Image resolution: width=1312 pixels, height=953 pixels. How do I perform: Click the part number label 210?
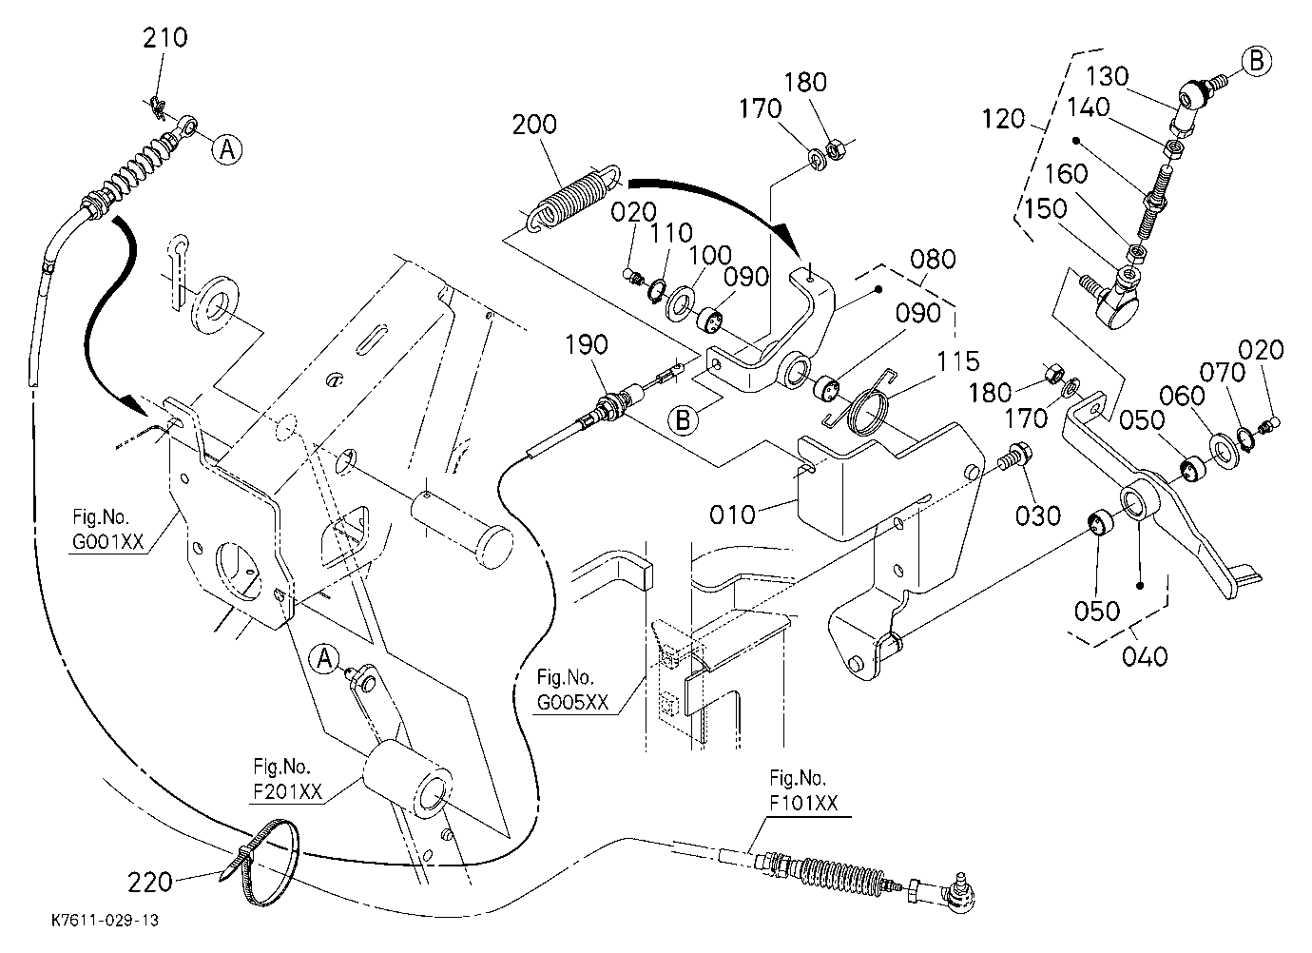pyautogui.click(x=165, y=37)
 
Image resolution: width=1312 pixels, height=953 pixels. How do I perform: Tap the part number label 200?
pyautogui.click(x=534, y=125)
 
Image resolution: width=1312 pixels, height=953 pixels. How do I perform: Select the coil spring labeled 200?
pyautogui.click(x=573, y=198)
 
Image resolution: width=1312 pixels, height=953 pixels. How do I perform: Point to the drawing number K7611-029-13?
pyautogui.click(x=106, y=920)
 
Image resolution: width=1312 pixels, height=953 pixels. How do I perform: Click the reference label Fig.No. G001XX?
pyautogui.click(x=107, y=530)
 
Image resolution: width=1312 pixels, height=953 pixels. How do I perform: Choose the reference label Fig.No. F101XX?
pyautogui.click(x=803, y=790)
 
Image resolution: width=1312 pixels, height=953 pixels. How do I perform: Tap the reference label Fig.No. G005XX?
pyautogui.click(x=572, y=690)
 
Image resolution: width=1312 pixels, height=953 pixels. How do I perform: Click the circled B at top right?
pyautogui.click(x=1256, y=62)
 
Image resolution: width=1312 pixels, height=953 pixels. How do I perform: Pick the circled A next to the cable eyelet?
pyautogui.click(x=227, y=149)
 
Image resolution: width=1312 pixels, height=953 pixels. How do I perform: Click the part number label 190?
pyautogui.click(x=587, y=344)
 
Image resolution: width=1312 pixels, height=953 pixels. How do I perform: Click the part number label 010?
pyautogui.click(x=732, y=515)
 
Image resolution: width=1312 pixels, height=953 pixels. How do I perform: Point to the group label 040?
pyautogui.click(x=1145, y=656)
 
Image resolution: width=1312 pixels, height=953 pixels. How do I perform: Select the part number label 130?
pyautogui.click(x=1107, y=76)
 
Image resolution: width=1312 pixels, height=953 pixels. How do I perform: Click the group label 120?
pyautogui.click(x=1003, y=119)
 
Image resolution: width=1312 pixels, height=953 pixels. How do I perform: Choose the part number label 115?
pyautogui.click(x=958, y=361)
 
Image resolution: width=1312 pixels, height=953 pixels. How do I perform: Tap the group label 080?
pyautogui.click(x=934, y=259)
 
